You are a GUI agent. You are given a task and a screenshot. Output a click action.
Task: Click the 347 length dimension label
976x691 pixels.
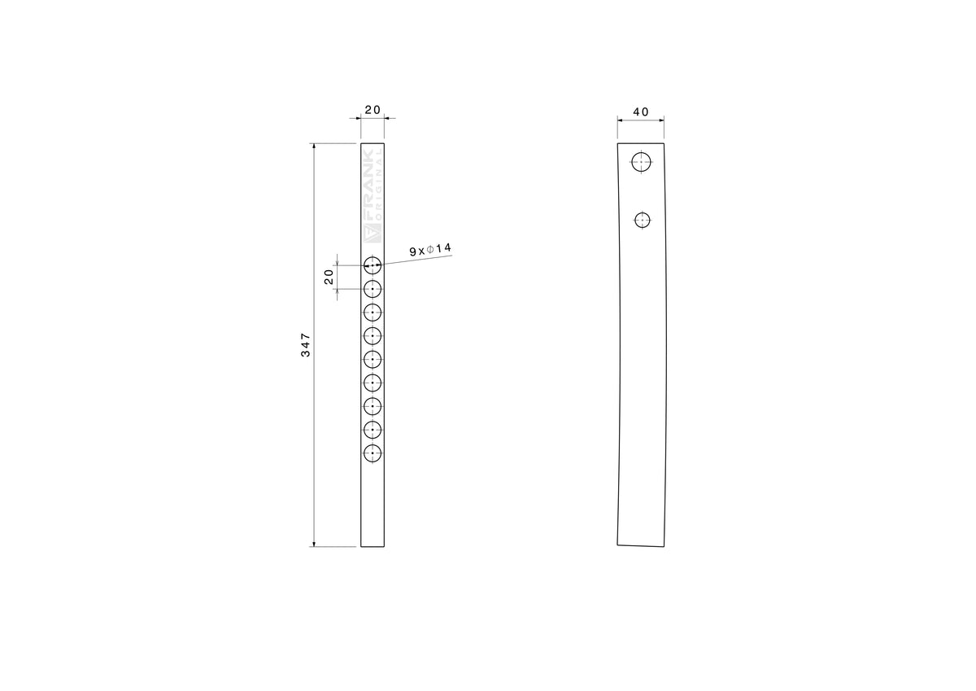click(306, 345)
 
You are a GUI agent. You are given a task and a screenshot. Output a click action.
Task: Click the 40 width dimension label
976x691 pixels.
click(641, 112)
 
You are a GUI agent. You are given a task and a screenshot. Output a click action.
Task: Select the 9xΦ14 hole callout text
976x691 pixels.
click(430, 250)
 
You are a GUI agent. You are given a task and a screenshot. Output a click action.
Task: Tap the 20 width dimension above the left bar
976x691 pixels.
click(373, 110)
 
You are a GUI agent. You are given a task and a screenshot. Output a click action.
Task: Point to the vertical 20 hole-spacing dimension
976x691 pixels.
click(329, 277)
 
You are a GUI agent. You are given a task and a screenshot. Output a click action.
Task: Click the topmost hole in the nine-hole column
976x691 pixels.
click(373, 265)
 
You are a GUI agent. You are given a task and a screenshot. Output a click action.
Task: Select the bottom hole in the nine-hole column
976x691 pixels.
click(373, 453)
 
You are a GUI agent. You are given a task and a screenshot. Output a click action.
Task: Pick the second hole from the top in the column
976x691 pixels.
click(373, 289)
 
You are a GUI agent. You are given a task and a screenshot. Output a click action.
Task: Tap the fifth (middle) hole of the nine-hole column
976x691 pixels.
click(373, 359)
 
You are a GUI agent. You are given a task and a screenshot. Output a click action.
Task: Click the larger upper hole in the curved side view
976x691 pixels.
click(642, 162)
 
